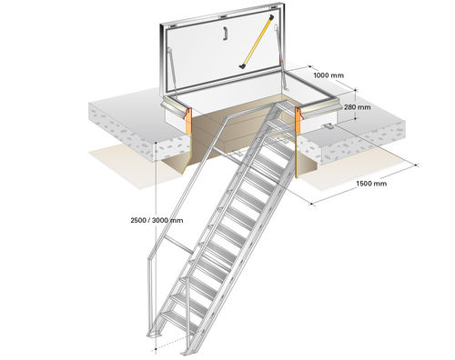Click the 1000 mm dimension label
pos(329,75)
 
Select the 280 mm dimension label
pos(358,107)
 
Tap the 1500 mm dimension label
pos(371,184)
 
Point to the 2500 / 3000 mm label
pos(157,220)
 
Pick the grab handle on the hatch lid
pos(225,34)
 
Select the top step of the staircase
pos(284,105)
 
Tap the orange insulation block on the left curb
pos(188,121)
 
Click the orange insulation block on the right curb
pos(298,121)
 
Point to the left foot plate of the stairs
pos(156,334)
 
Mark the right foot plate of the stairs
pos(188,352)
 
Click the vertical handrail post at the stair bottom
pos(150,295)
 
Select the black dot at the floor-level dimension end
pos(156,349)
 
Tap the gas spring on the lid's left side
pos(172,71)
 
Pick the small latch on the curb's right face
pos(328,125)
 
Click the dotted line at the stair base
pos(170,344)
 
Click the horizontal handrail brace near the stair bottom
pos(178,245)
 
